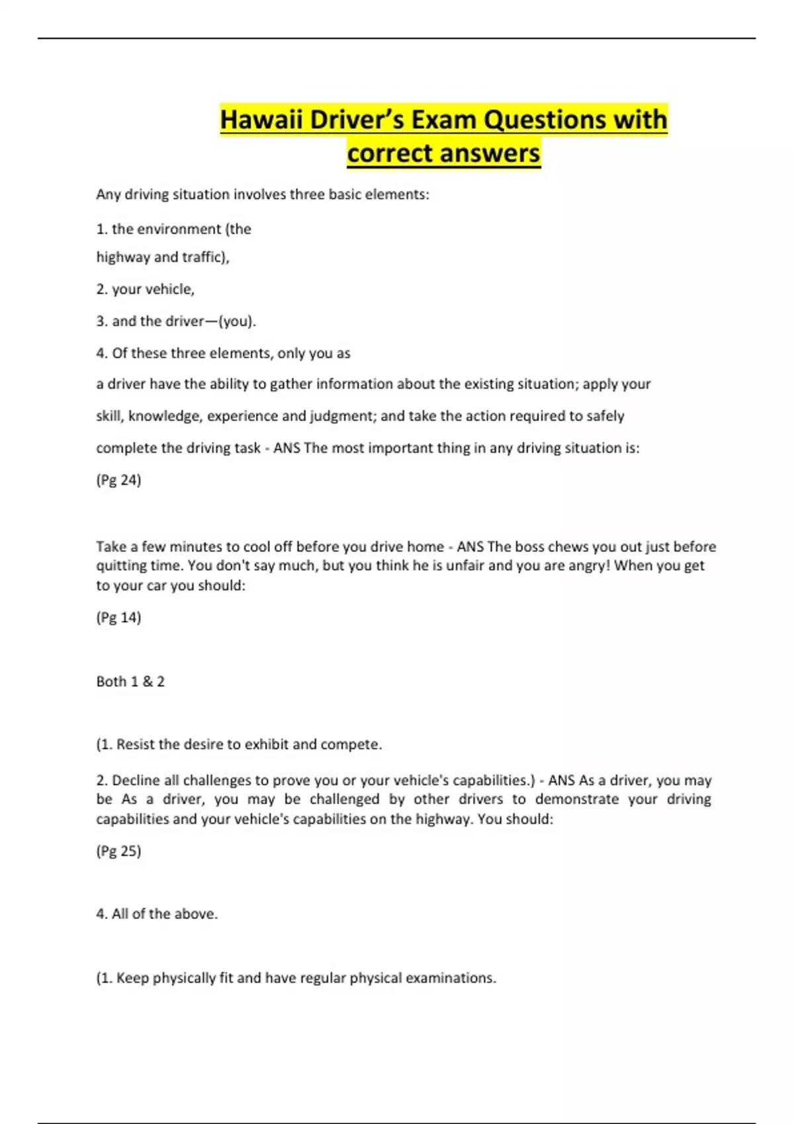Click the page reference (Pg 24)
pos(118,480)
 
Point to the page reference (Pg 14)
pos(118,618)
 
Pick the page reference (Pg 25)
pos(118,851)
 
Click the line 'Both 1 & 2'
pos(130,682)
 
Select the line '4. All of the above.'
pos(157,914)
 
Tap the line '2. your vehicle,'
pos(146,289)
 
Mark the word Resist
pos(136,744)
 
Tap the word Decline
pos(136,780)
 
